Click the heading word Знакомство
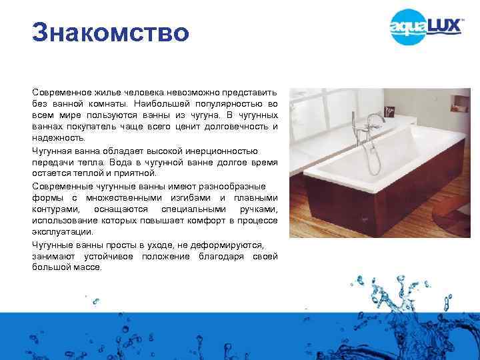[x=111, y=33]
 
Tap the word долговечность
[x=234, y=127]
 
